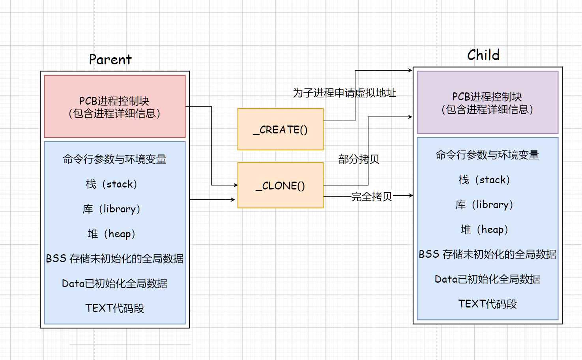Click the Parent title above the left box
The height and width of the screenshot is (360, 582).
click(x=110, y=60)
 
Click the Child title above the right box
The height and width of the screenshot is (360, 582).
click(x=483, y=55)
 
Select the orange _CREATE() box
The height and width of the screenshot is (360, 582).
click(x=280, y=129)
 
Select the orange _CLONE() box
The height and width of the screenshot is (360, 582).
click(x=280, y=186)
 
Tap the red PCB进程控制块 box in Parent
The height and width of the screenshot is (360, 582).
click(x=114, y=107)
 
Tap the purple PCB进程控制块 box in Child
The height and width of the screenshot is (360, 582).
click(x=487, y=103)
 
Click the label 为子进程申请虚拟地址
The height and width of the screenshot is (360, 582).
click(x=344, y=93)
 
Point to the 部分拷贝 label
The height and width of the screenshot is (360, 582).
click(x=358, y=159)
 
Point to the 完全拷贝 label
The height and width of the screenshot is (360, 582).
click(x=371, y=196)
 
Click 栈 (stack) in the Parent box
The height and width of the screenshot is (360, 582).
click(x=112, y=184)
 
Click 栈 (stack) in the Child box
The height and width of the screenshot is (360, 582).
click(x=485, y=180)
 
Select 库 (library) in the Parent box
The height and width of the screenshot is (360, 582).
click(x=112, y=209)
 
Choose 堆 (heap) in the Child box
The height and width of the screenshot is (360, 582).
click(x=485, y=229)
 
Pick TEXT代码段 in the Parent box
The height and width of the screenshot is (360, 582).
click(x=114, y=308)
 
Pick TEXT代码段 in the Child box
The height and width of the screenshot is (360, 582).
click(x=487, y=304)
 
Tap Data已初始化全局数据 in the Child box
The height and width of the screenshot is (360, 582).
click(x=487, y=279)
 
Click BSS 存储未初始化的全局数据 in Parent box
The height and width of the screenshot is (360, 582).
click(x=114, y=259)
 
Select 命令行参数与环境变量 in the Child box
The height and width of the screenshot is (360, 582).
click(x=487, y=155)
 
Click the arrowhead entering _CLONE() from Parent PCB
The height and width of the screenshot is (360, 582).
click(x=236, y=185)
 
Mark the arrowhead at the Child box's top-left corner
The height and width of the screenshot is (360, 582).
click(x=410, y=70)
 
